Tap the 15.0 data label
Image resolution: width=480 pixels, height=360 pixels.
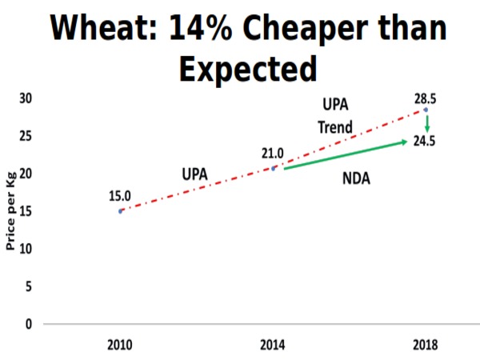[x=120, y=195]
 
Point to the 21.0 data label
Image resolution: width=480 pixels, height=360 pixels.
[x=273, y=153]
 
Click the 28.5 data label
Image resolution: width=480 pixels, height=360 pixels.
[x=425, y=98]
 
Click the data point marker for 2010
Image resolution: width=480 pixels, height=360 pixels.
[x=120, y=210]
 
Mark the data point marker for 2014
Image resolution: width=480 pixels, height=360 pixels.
[x=273, y=168]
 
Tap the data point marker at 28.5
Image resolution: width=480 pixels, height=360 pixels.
[x=426, y=110]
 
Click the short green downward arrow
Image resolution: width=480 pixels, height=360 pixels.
[x=427, y=123]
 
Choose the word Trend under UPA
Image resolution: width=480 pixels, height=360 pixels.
[x=334, y=127]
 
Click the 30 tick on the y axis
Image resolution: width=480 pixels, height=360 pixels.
[x=26, y=98]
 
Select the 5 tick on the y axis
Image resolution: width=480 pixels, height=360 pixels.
[x=30, y=286]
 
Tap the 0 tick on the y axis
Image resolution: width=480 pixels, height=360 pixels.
[x=30, y=324]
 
